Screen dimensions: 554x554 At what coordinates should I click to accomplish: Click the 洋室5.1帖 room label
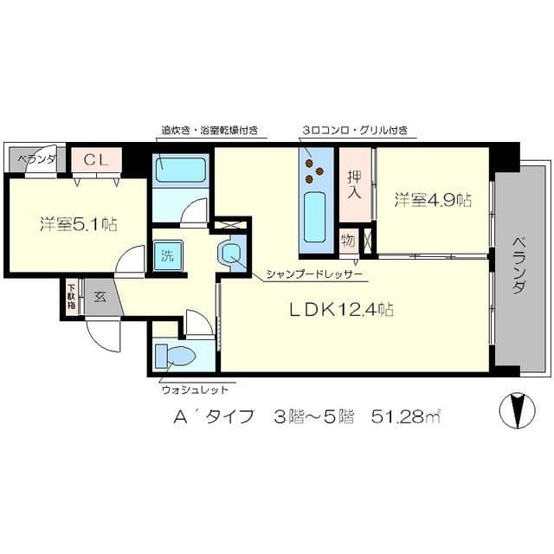pos(78,224)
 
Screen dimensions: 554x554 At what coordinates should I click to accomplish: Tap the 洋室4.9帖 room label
pos(433,200)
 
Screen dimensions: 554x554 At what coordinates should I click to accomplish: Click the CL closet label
pos(96,160)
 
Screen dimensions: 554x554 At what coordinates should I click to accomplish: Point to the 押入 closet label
pos(354,183)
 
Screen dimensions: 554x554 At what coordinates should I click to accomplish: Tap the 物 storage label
pos(348,239)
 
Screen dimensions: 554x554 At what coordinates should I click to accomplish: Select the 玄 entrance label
pos(100,298)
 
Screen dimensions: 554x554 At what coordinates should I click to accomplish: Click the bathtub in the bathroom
pos(181,170)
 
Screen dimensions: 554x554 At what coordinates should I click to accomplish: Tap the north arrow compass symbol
pos(518,409)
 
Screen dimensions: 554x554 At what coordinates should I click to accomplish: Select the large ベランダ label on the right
pos(518,264)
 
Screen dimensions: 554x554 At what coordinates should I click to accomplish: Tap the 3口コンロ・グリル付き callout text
pos(355,132)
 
